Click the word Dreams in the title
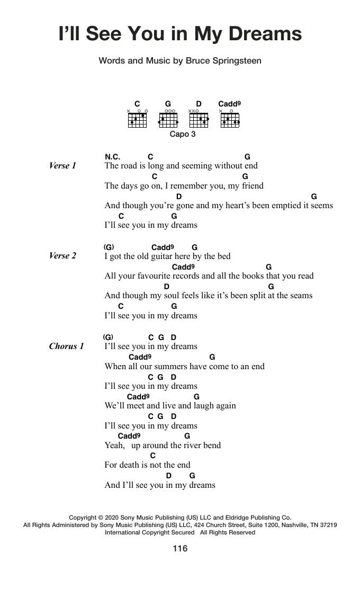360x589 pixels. (x=265, y=34)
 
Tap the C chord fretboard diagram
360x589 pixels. (x=137, y=120)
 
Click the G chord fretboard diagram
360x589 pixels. (x=168, y=120)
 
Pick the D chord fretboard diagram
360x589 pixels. (x=199, y=120)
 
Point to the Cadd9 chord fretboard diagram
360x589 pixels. (x=230, y=120)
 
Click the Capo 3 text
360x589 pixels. (x=183, y=135)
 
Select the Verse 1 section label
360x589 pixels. (x=62, y=166)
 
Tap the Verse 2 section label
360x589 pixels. (x=62, y=256)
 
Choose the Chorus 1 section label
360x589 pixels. (x=66, y=346)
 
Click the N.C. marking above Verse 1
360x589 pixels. (x=112, y=157)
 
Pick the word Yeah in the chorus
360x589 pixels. (x=114, y=445)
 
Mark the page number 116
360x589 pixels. (x=180, y=548)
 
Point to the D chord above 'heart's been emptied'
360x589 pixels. (x=179, y=197)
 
